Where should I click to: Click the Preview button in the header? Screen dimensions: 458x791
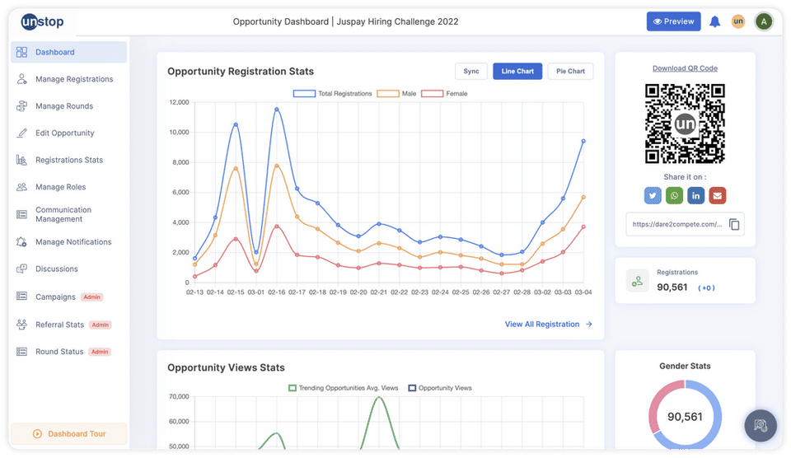(673, 21)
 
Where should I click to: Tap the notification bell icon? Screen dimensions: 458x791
(715, 21)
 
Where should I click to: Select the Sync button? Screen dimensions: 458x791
(471, 72)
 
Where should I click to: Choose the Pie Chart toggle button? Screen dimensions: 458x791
(570, 72)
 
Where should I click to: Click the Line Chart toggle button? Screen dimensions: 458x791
(517, 72)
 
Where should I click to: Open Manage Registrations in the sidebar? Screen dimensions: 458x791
(73, 79)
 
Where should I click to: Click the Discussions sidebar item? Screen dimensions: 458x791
(56, 269)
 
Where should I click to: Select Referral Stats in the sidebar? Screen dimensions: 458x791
(59, 325)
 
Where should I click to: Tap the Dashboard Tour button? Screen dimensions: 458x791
(69, 434)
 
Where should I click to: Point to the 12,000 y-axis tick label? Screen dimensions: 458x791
(177, 102)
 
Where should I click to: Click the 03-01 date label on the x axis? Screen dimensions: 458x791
(256, 292)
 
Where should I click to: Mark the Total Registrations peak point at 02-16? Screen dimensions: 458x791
(277, 110)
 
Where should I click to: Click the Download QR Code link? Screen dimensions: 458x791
(685, 68)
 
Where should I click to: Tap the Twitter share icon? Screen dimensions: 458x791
(653, 195)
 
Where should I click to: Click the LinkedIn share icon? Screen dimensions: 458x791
(696, 195)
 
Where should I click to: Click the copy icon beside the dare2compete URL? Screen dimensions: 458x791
(734, 224)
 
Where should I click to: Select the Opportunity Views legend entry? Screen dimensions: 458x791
(441, 388)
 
